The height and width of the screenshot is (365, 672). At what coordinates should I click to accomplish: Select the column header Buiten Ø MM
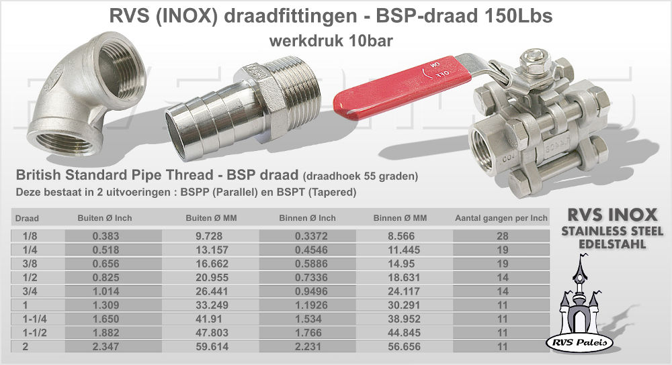[211, 218]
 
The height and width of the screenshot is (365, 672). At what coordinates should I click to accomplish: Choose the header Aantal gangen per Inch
[501, 218]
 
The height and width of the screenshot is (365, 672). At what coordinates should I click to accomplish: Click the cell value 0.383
[106, 236]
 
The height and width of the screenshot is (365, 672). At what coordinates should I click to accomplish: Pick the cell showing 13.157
[212, 250]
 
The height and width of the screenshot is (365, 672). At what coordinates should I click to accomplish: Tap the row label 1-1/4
[35, 319]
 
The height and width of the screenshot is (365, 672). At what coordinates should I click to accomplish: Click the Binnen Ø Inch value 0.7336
[311, 277]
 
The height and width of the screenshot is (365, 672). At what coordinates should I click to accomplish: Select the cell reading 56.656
[404, 347]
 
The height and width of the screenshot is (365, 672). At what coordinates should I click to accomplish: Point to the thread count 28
[502, 236]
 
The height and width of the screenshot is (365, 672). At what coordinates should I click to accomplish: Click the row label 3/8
[30, 264]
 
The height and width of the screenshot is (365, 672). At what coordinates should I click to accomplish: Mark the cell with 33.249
[212, 305]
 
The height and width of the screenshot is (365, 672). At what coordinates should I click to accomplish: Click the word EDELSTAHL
[612, 244]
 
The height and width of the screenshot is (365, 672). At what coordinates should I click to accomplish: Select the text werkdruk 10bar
[331, 41]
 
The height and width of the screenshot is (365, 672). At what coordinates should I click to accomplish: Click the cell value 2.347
[106, 347]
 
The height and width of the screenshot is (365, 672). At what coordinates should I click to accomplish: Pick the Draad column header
[27, 218]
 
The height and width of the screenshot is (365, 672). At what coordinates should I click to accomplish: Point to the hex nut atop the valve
[534, 59]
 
